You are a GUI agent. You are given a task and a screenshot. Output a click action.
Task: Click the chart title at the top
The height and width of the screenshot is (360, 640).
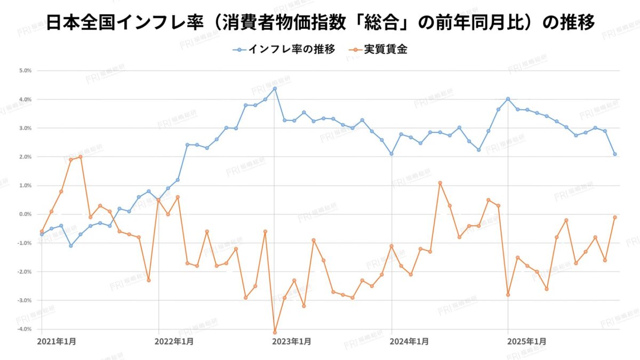[320, 22]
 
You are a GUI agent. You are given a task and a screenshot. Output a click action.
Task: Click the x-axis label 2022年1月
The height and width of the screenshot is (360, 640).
[174, 341]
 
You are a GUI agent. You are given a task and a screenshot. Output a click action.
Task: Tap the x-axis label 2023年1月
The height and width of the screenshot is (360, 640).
[290, 341]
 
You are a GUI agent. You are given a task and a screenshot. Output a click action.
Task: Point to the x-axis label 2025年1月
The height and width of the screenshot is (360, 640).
[526, 341]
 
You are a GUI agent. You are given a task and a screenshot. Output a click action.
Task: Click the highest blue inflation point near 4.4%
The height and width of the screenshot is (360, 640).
[275, 89]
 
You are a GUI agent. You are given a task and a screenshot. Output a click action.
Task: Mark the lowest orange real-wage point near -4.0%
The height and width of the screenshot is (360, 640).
[275, 332]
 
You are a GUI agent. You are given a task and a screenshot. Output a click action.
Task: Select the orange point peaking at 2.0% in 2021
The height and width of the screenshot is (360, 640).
[81, 157]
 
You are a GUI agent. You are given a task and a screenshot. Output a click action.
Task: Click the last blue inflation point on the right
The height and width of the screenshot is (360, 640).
[615, 154]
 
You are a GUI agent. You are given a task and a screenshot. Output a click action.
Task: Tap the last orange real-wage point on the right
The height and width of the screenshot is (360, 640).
[615, 217]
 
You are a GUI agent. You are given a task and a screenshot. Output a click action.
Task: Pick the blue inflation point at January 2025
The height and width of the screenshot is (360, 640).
[508, 99]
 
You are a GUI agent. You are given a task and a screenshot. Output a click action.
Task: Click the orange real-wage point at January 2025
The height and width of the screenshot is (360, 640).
[508, 294]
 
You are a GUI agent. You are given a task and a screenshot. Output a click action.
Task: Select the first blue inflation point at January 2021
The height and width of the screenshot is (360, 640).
[42, 234]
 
